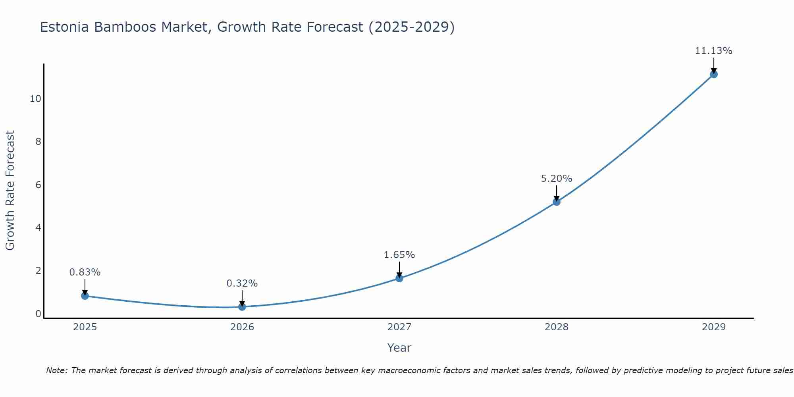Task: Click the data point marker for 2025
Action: point(85,296)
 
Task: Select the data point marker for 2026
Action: point(242,306)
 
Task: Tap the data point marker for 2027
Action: point(399,278)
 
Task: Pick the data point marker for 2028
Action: point(557,202)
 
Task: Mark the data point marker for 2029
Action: point(713,74)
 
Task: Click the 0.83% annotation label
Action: point(85,272)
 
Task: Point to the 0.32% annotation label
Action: point(242,283)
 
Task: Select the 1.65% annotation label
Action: point(399,255)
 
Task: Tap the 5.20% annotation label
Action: point(557,179)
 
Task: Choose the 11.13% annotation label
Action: point(713,51)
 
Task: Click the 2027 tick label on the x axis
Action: point(399,327)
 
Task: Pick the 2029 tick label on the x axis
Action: point(713,327)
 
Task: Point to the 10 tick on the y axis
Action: point(35,99)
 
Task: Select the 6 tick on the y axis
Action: point(38,185)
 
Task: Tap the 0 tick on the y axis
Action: point(38,314)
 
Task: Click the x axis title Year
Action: point(399,348)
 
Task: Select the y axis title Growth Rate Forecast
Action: point(10,191)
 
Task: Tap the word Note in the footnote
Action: point(57,370)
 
